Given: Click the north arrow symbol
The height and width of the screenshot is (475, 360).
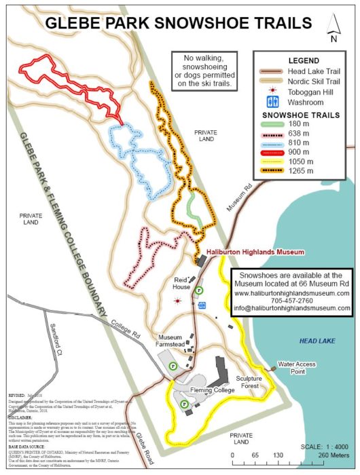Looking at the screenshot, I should point(334,28).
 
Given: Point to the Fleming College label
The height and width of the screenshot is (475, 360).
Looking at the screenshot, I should point(211,390).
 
